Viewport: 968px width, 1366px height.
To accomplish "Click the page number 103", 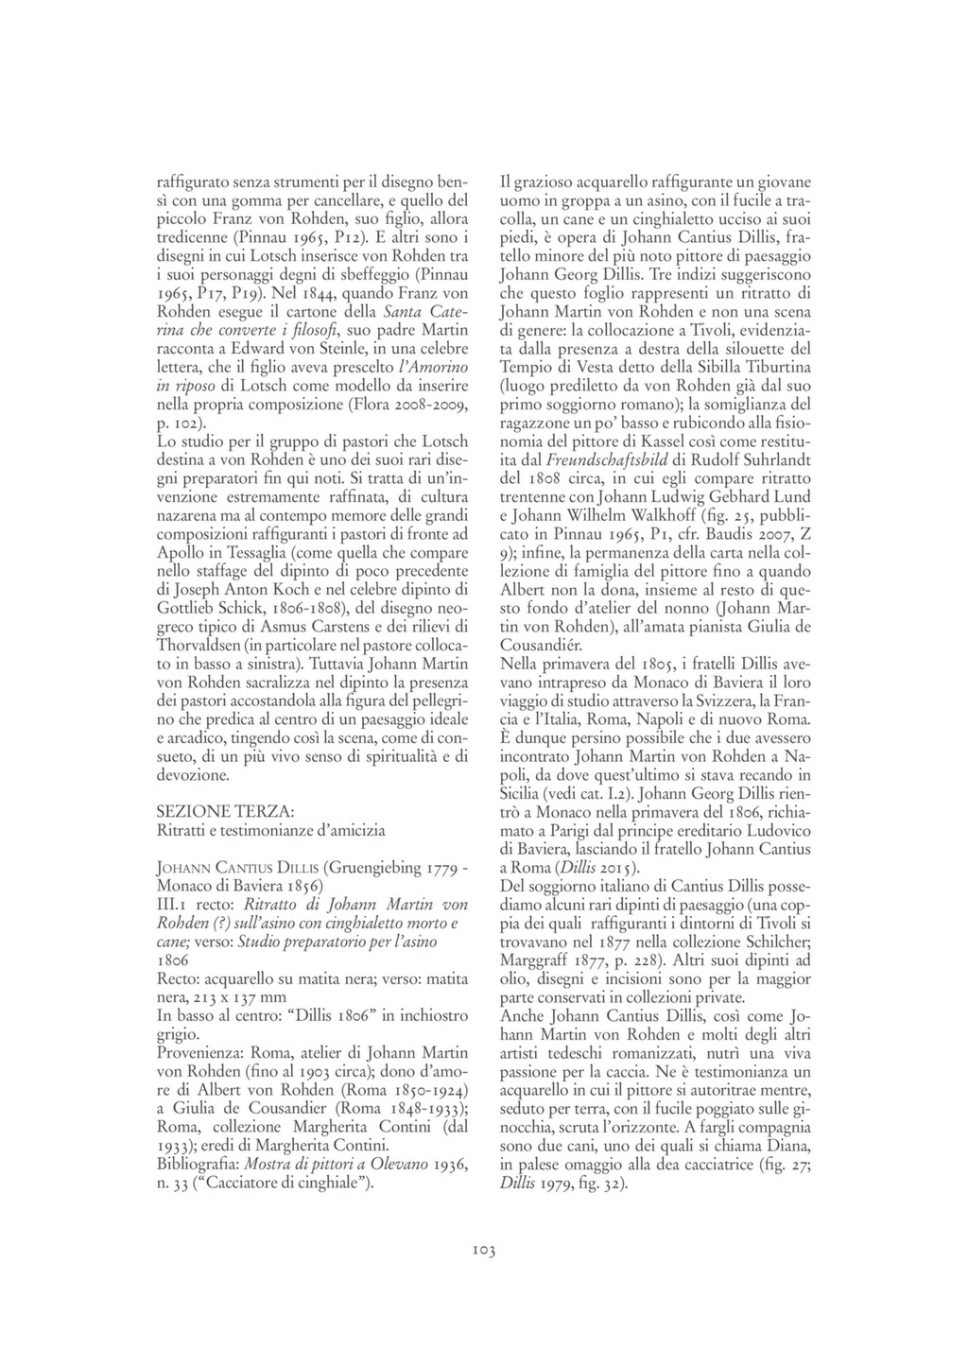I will [x=483, y=1251].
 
